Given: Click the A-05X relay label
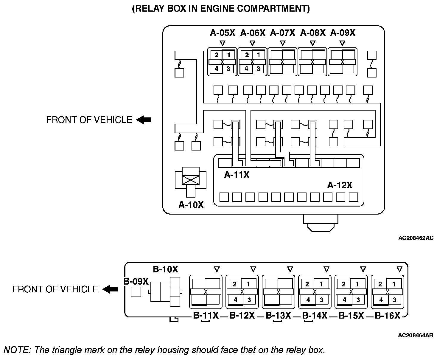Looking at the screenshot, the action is (x=223, y=33).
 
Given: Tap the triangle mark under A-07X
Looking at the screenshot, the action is (x=282, y=43).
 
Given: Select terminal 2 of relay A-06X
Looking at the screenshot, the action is (x=247, y=55).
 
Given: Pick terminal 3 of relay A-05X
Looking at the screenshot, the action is (x=228, y=69).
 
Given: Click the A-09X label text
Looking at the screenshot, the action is (x=343, y=33).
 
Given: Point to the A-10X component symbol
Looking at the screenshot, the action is (x=191, y=182).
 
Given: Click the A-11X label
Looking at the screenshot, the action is (x=237, y=175).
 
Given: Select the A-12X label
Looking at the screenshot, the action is (x=340, y=185).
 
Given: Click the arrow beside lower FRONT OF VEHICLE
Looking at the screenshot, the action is (x=110, y=289).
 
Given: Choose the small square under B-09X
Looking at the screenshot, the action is (x=136, y=292).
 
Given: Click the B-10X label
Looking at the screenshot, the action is (x=166, y=269).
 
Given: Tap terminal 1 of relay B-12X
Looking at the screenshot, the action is (x=248, y=284).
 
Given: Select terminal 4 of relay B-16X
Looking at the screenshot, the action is (x=381, y=300).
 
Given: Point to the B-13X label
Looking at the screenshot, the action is (x=278, y=315).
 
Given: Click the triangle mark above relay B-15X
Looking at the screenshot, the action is (x=363, y=269).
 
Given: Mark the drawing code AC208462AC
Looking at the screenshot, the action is (x=416, y=238).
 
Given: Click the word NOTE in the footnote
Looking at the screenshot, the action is (x=17, y=350).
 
